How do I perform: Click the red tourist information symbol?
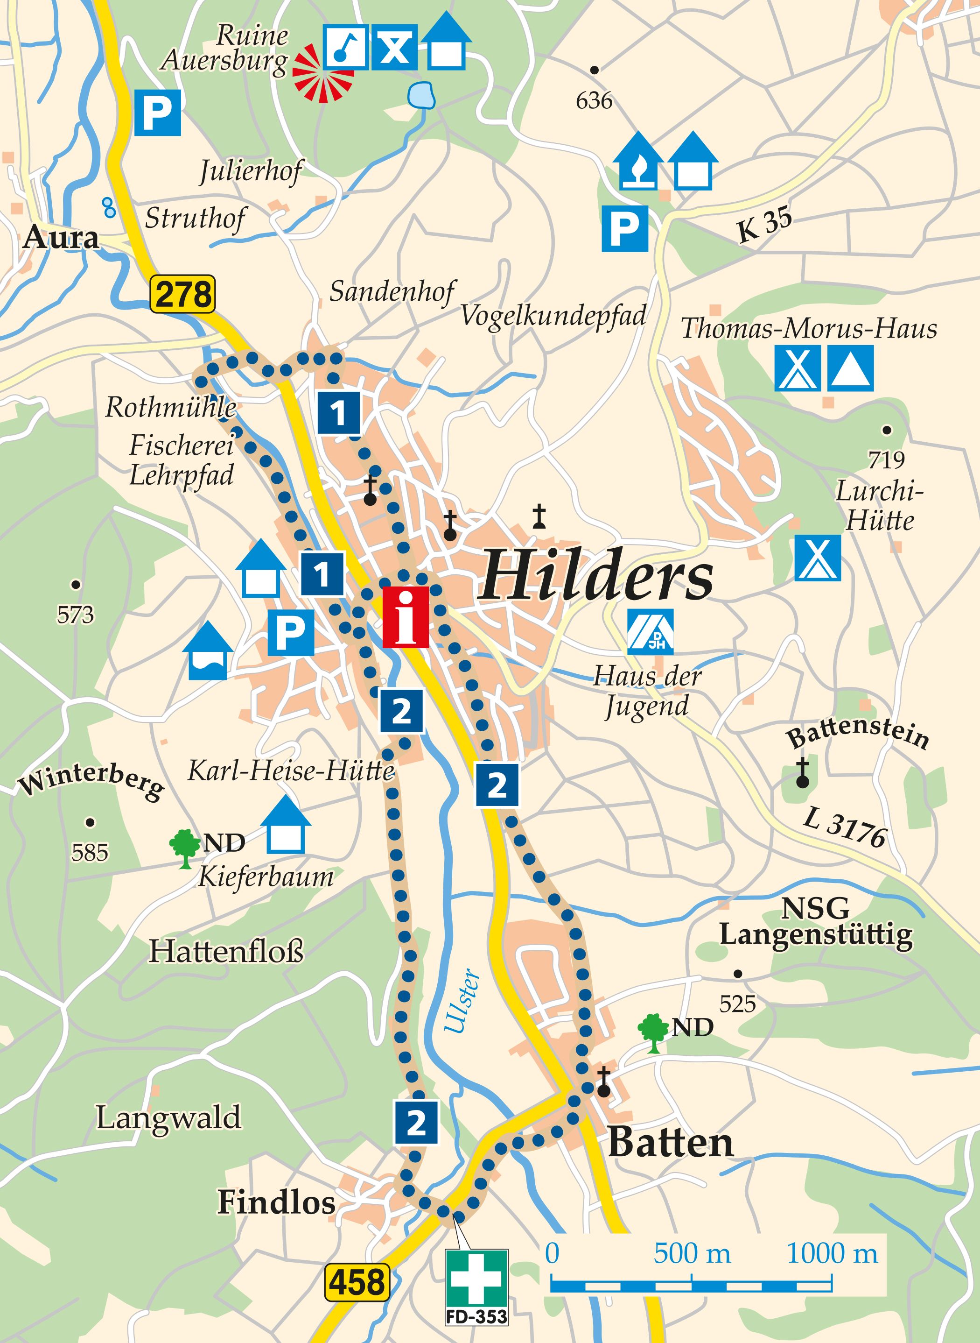coord(405,617)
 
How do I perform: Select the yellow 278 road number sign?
coord(182,294)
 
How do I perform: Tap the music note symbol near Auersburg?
coord(346,47)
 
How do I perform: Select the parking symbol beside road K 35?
coord(625,228)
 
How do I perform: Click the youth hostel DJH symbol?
coord(651,631)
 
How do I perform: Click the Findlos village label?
coord(276,1203)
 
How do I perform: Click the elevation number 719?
coord(886,459)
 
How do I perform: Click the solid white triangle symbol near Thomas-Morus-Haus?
coord(851,368)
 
